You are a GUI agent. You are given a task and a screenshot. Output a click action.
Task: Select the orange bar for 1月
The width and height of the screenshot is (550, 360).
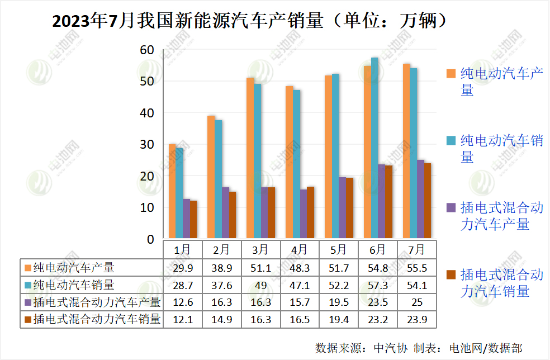(172, 192)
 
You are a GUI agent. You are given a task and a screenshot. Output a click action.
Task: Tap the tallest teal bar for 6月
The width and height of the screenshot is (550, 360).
(374, 148)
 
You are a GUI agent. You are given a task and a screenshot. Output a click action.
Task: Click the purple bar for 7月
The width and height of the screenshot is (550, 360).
(420, 199)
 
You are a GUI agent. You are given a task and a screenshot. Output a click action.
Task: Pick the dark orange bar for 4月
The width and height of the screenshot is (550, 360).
(311, 212)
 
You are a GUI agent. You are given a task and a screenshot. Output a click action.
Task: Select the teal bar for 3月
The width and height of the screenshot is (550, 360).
(257, 161)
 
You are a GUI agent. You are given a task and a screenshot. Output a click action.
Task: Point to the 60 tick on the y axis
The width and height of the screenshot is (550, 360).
(146, 50)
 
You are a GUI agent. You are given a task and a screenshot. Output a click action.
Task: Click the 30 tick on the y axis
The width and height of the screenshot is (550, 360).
(146, 144)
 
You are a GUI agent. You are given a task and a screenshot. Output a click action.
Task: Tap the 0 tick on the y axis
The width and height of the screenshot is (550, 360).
(150, 239)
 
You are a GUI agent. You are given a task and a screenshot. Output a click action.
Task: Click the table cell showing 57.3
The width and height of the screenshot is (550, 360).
(377, 285)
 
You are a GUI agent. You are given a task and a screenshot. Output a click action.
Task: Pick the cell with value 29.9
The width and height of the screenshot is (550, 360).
(182, 268)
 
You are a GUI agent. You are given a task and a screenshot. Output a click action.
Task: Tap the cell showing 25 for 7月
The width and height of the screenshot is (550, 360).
(416, 302)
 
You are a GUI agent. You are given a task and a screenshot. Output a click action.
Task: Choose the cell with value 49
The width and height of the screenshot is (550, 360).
(260, 285)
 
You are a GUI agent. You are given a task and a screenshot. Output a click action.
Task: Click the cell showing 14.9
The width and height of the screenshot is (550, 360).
(221, 320)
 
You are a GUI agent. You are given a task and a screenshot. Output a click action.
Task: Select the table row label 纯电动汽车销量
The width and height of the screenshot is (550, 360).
(74, 285)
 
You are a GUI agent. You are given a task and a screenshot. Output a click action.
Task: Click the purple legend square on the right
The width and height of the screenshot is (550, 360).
(450, 208)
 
